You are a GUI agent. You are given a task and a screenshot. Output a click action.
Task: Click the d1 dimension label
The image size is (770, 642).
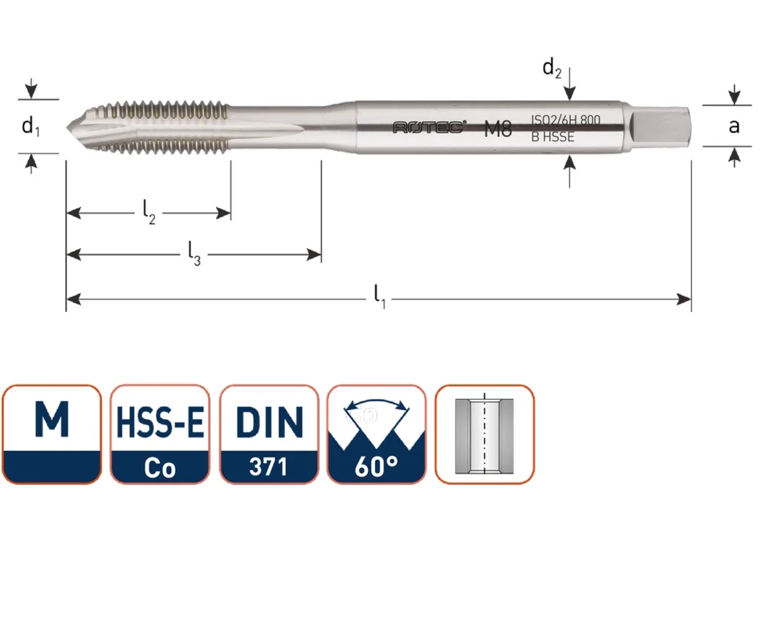31,127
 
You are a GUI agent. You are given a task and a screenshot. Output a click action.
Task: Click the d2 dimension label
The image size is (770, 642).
552,67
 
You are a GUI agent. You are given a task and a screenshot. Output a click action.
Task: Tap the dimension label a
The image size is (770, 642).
734,127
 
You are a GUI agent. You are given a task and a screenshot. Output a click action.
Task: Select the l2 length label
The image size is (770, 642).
149,212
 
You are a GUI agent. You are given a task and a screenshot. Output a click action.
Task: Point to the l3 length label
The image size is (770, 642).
194,254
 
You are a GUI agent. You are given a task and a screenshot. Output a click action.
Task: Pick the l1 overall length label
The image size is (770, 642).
380,297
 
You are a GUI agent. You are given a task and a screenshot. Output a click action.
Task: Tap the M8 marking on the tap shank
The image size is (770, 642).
498,129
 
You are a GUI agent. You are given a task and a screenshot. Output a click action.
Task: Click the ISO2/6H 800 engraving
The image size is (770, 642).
565,120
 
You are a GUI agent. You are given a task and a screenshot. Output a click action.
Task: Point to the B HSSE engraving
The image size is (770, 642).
552,137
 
